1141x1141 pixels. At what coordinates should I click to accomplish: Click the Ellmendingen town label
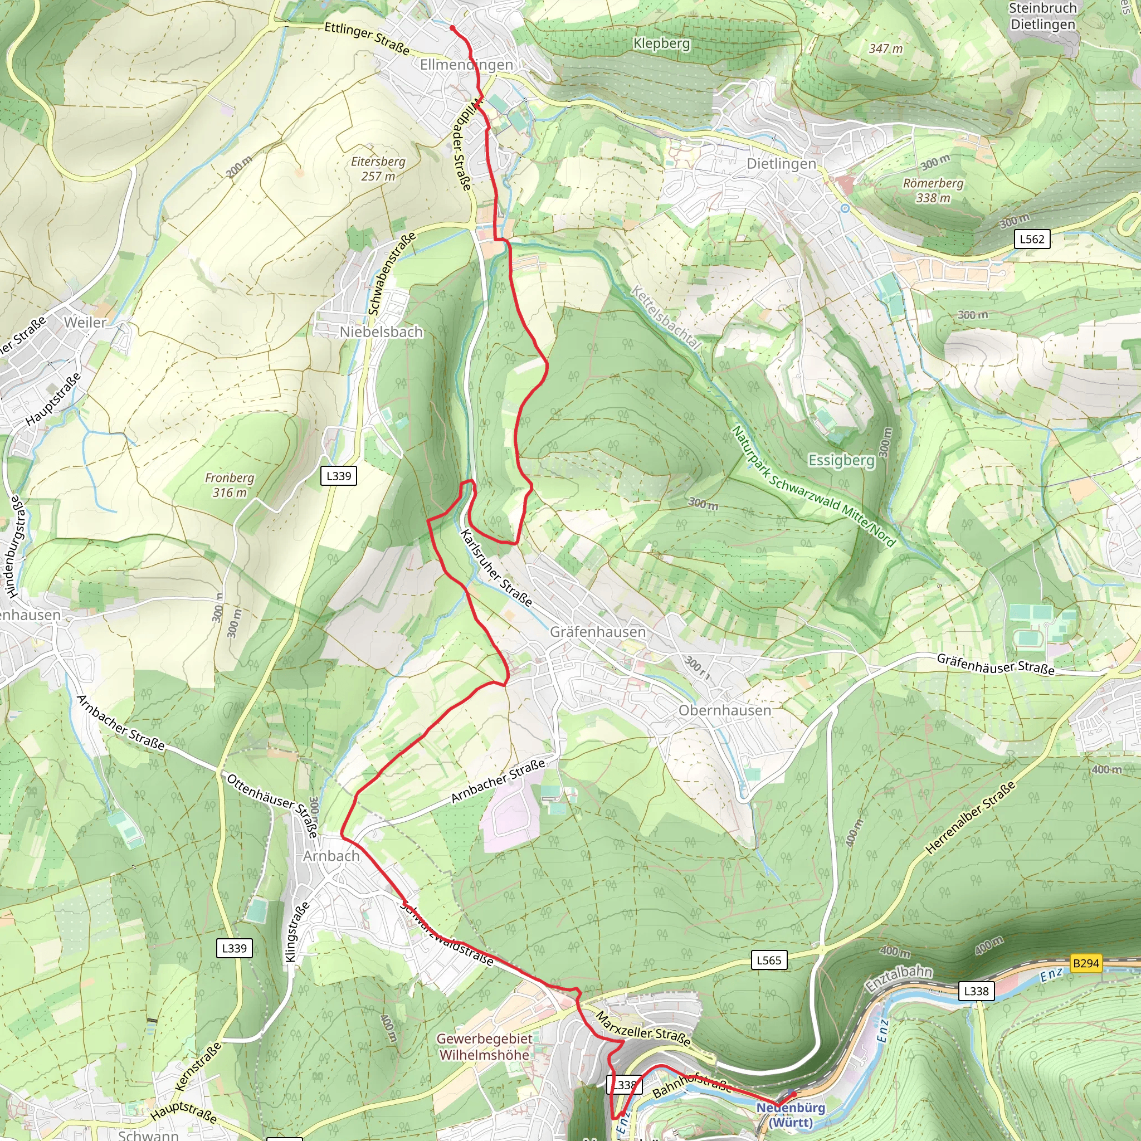pos(466,65)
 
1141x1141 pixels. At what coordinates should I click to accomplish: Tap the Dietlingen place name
pos(781,164)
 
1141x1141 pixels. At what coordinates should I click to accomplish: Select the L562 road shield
pos(1032,239)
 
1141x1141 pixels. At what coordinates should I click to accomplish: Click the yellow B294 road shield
pos(1085,963)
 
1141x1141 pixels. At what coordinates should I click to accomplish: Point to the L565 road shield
pos(768,960)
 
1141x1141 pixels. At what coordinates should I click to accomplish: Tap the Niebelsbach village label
pos(381,332)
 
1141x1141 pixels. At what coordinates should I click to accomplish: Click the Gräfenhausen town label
pos(598,632)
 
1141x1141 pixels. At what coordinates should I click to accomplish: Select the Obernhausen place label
pos(725,710)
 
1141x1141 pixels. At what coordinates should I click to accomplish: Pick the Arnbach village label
pos(331,856)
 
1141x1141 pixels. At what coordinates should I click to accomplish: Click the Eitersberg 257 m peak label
pos(378,169)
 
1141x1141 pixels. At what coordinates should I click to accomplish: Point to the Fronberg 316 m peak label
pos(229,485)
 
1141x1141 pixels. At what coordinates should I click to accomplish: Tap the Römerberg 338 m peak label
pos(933,190)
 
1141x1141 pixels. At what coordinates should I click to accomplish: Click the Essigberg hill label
pos(841,460)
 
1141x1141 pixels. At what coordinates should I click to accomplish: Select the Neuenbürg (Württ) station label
pos(790,1114)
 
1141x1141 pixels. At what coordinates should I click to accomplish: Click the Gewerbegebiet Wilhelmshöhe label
pos(484,1046)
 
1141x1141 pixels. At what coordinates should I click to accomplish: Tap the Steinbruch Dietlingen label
pos(1042,16)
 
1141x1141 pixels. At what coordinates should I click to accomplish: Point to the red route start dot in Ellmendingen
pos(452,28)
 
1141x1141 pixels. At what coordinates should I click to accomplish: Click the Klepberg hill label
pos(661,43)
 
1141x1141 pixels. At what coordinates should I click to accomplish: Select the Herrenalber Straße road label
pos(970,817)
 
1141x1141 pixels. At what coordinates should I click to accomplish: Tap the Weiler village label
pos(85,323)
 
